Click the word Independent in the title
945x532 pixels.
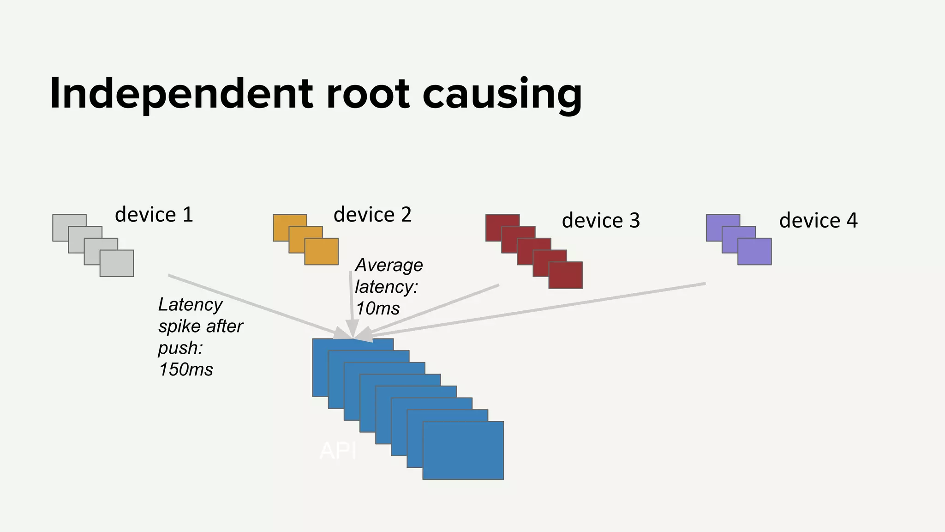pyautogui.click(x=182, y=94)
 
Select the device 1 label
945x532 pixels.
pyautogui.click(x=154, y=215)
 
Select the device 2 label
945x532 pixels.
pyautogui.click(x=372, y=215)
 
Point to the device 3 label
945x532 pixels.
pyautogui.click(x=601, y=221)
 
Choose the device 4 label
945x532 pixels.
pyautogui.click(x=818, y=221)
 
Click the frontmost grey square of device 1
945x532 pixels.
pyautogui.click(x=117, y=264)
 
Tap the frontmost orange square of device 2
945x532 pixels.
pyautogui.click(x=322, y=252)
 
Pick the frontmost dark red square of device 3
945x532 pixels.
pyautogui.click(x=566, y=275)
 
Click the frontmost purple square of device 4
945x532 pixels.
pyautogui.click(x=754, y=252)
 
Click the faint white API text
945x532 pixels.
pyautogui.click(x=338, y=451)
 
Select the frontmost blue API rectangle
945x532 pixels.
pyautogui.click(x=463, y=450)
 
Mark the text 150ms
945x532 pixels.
pyautogui.click(x=186, y=370)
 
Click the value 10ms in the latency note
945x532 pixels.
pyautogui.click(x=378, y=308)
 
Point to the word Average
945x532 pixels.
pyautogui.click(x=389, y=265)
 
